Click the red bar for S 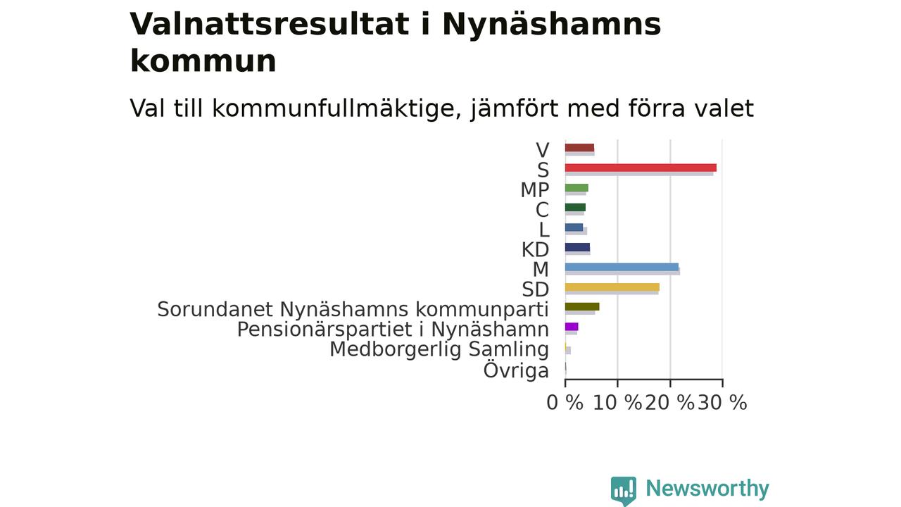coord(641,168)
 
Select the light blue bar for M coord(622,267)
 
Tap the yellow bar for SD coord(612,287)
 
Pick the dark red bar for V coord(579,148)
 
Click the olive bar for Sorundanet coord(582,306)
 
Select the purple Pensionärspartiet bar coord(572,326)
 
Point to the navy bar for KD coord(578,247)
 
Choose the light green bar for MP coord(576,187)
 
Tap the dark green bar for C coord(575,207)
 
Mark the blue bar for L coord(574,227)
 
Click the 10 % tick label coord(617,402)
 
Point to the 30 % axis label coord(722,402)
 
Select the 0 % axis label coord(565,402)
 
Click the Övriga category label coord(516,370)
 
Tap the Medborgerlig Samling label coord(439,349)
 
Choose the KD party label coord(536,250)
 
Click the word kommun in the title coord(203,61)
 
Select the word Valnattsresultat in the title coord(270,24)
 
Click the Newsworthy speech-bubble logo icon coord(624,491)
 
